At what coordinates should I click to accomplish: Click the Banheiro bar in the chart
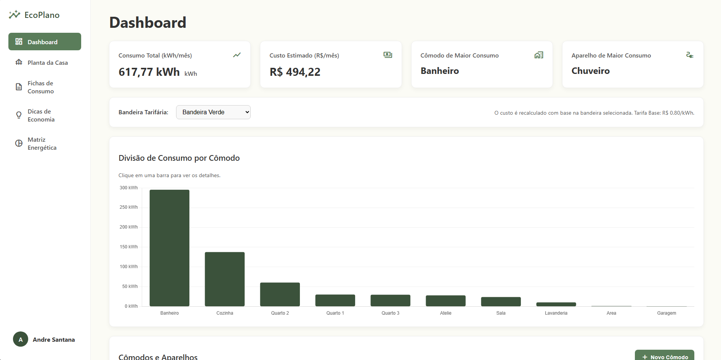(169, 248)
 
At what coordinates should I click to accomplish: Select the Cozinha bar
(224, 279)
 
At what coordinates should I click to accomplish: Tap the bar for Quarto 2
(280, 294)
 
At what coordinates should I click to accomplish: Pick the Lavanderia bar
(556, 304)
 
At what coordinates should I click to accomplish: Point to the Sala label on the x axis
(501, 313)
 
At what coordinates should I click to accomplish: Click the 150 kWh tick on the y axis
(128, 247)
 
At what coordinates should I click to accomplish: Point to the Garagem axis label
(667, 313)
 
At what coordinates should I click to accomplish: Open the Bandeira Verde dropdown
(213, 112)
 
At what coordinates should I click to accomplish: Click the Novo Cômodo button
(665, 356)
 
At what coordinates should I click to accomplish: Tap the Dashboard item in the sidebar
(45, 42)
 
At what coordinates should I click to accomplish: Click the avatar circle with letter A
(21, 339)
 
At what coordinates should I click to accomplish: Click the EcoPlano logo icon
(14, 14)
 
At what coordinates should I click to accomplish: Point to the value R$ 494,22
(295, 72)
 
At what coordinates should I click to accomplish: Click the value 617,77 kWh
(149, 72)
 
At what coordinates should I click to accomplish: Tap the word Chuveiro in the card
(590, 71)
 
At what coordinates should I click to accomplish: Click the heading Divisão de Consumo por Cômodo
(179, 158)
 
